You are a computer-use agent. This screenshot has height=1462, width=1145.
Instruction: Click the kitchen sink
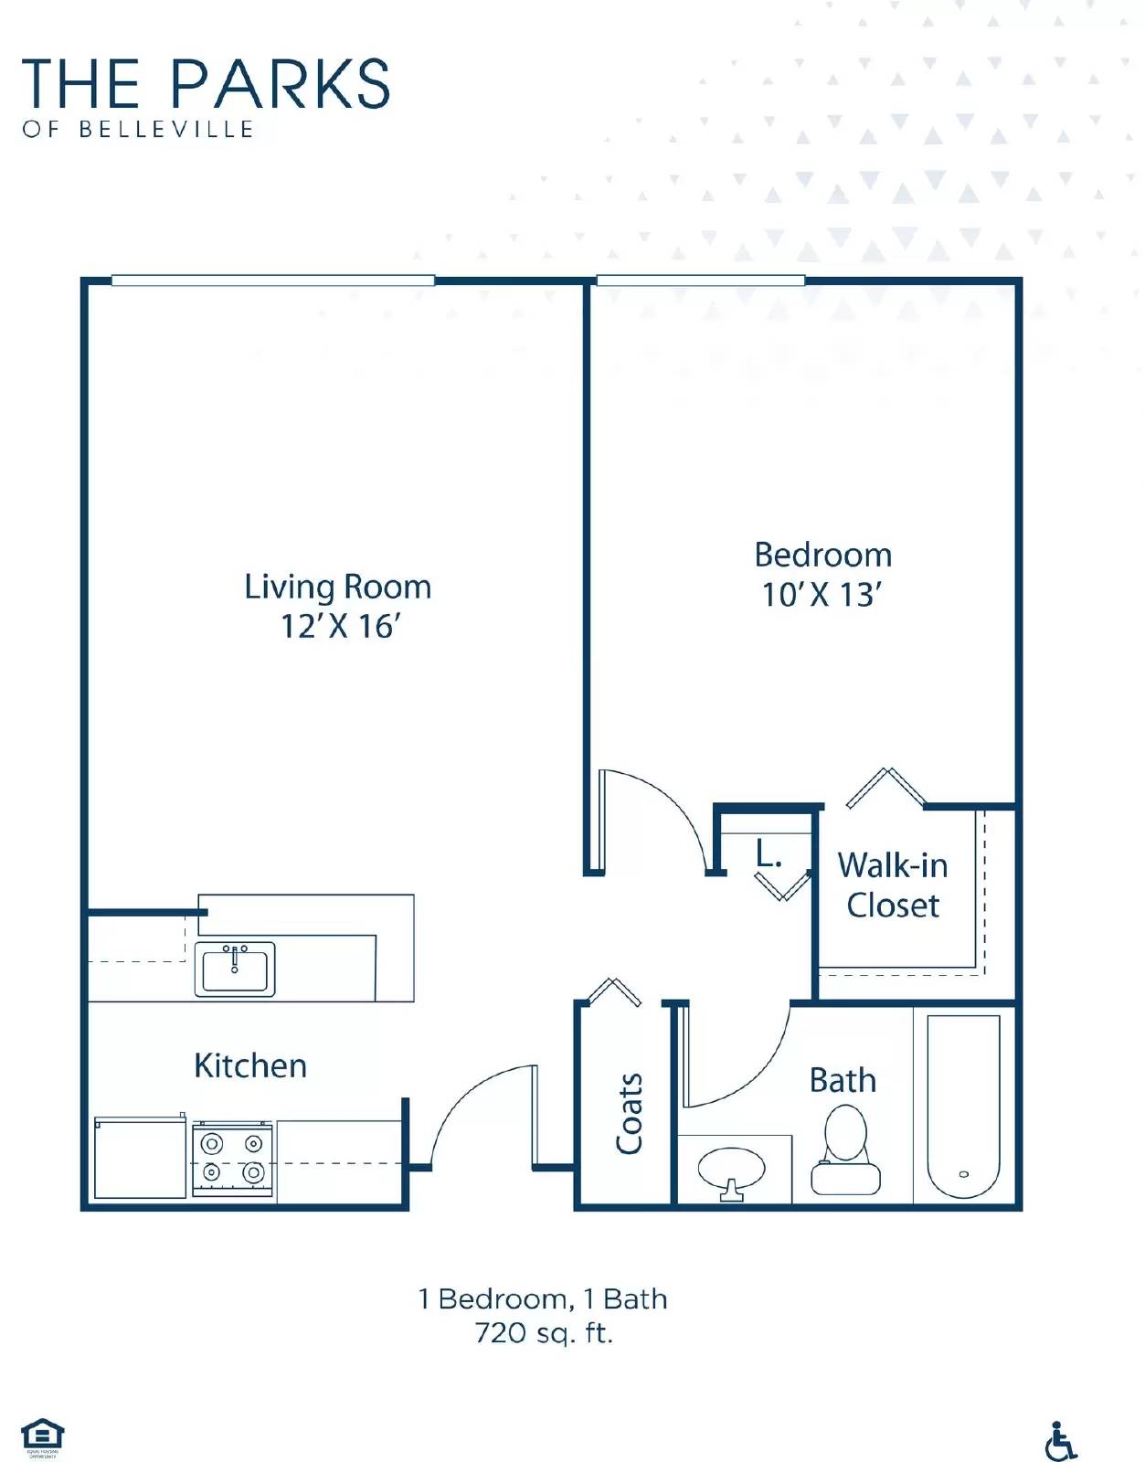click(235, 969)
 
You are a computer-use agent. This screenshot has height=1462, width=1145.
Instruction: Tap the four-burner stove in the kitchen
click(232, 1158)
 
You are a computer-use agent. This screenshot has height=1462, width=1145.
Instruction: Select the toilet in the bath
click(845, 1151)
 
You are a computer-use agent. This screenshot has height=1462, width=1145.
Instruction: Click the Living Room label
click(337, 587)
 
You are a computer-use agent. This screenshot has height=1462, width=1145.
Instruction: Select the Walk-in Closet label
click(893, 885)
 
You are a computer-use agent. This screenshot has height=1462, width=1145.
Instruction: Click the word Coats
click(629, 1113)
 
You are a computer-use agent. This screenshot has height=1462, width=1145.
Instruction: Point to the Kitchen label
click(250, 1065)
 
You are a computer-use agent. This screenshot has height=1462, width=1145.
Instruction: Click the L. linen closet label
click(768, 854)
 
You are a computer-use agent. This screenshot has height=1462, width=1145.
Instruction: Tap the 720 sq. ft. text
click(544, 1333)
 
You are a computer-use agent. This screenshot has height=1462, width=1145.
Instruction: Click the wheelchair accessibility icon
click(1060, 1441)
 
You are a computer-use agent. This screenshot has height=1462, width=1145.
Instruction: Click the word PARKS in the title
click(281, 84)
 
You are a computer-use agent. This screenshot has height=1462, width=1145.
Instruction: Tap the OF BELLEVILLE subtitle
click(138, 130)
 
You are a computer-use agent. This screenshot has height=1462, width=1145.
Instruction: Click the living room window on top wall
click(272, 281)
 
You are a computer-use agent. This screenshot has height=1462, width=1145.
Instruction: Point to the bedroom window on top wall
click(700, 281)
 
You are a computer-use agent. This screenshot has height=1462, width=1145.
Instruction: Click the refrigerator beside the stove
click(140, 1158)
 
